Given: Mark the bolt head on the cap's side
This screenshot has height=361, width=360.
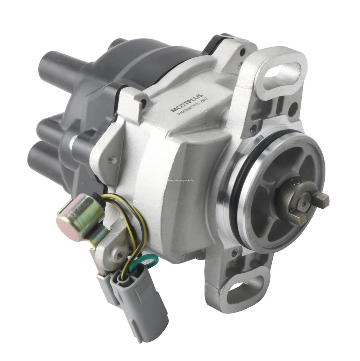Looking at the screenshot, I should click(74, 143).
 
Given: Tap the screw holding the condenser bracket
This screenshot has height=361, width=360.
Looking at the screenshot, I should click(120, 256).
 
